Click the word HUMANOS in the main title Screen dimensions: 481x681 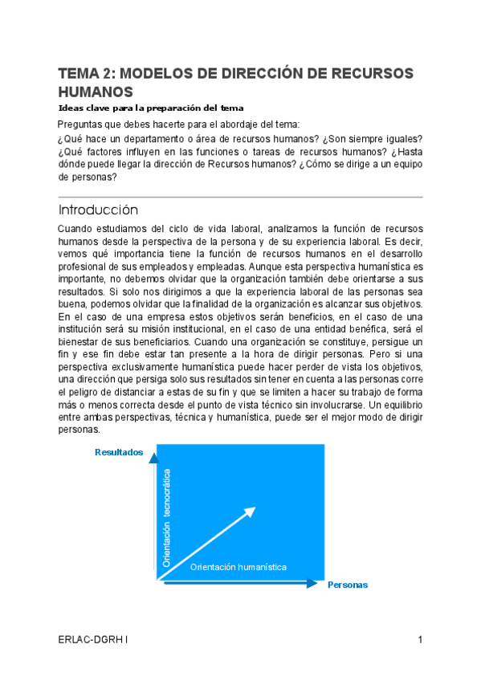[96, 92]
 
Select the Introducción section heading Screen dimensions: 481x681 [98, 210]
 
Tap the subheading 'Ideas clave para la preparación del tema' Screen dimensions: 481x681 [151, 108]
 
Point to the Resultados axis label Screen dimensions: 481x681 [119, 452]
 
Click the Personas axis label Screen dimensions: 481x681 [348, 585]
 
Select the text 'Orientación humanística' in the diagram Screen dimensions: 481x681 [238, 567]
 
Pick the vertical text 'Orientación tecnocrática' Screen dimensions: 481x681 [167, 519]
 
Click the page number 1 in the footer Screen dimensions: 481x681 [420, 640]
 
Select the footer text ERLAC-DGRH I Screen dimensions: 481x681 [92, 640]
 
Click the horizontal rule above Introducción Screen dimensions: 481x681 [240, 197]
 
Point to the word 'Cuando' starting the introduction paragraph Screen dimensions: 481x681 [77, 229]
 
